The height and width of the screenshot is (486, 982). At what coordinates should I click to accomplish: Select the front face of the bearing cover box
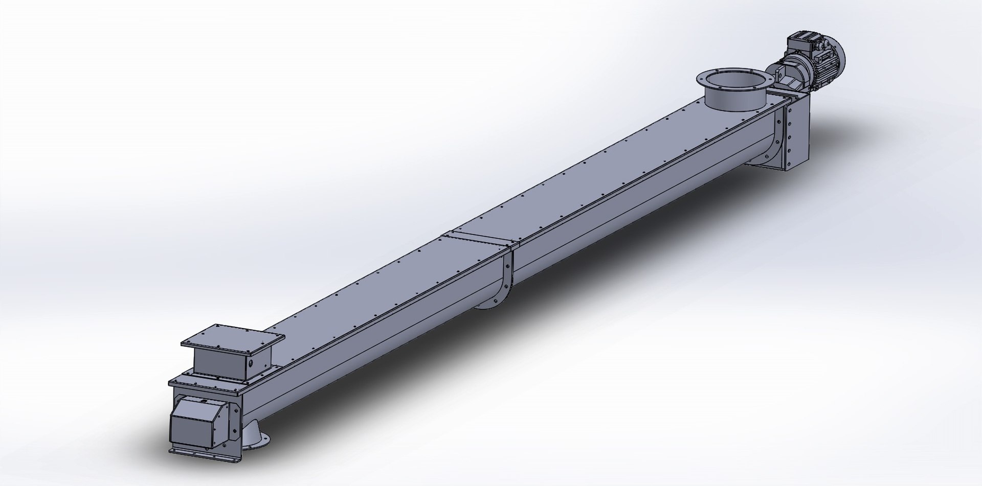pos(187,425)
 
